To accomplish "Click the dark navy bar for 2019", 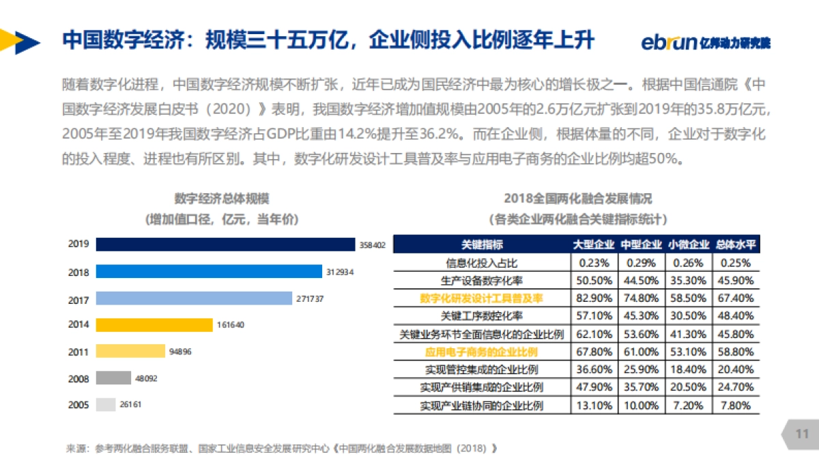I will [226, 245].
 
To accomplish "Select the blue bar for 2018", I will [209, 272].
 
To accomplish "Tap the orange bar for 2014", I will [154, 325].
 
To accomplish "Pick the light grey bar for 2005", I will [106, 405].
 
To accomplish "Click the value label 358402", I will [373, 245].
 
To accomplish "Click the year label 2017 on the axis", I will [78, 299].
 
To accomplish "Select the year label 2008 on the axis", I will [78, 378].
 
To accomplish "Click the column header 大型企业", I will [593, 245].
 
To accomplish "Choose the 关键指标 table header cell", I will [482, 245].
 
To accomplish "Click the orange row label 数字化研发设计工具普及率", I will [482, 298].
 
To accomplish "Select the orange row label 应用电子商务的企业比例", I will [482, 352].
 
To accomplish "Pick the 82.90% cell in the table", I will [593, 298].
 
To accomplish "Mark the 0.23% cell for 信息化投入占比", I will [593, 263].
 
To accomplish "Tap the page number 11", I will [801, 434].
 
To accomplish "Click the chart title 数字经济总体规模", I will [222, 199].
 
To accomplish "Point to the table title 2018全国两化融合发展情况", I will [577, 199].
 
